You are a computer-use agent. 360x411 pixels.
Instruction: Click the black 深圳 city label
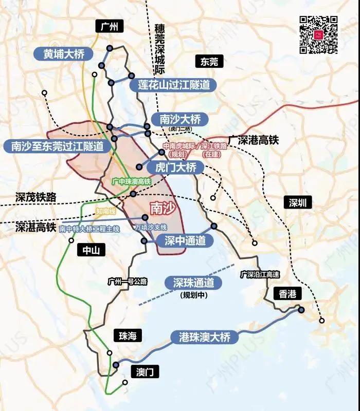pyautogui.click(x=298, y=202)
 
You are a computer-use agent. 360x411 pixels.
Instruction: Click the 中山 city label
pyautogui.click(x=91, y=250)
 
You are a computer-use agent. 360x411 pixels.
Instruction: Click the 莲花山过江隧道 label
pyautogui.click(x=173, y=85)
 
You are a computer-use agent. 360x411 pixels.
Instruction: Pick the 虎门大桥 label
pyautogui.click(x=175, y=167)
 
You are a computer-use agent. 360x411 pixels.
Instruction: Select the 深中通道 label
pyautogui.click(x=185, y=240)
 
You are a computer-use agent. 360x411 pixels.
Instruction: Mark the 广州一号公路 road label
pyautogui.click(x=128, y=281)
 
